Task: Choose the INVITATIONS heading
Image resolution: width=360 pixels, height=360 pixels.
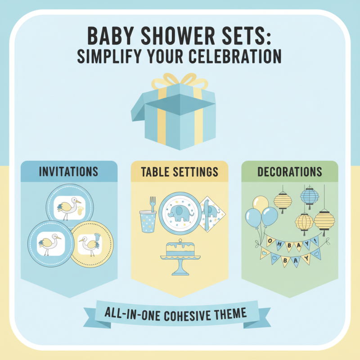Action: pos(69,172)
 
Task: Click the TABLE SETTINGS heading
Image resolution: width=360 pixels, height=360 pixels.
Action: pos(180,172)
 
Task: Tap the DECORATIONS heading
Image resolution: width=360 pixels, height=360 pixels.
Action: pos(289,172)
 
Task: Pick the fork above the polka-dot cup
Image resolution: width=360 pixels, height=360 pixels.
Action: pos(152,205)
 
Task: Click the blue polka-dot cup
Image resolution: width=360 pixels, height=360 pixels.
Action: pos(148,222)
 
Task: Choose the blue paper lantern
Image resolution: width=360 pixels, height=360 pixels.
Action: pos(310,196)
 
